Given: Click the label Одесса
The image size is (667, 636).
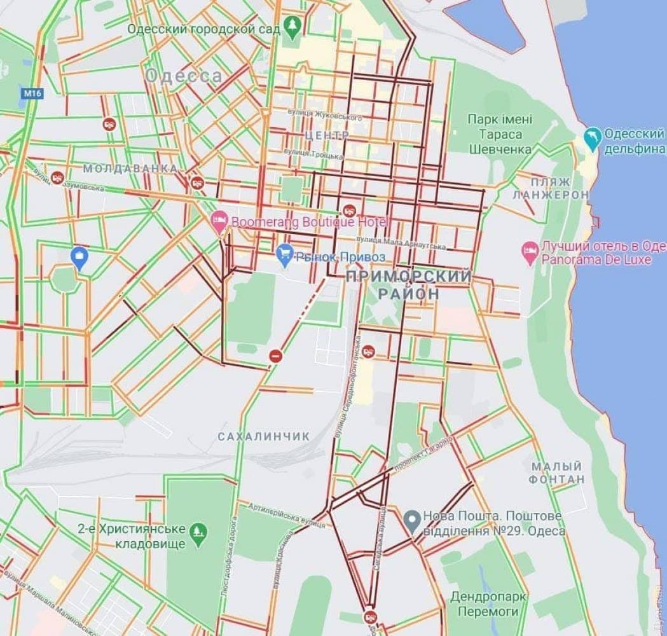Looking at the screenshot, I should pos(184,77).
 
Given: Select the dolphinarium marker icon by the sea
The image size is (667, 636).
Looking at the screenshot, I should pos(592,139).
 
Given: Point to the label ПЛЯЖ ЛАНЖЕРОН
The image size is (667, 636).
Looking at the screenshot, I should pos(551,188).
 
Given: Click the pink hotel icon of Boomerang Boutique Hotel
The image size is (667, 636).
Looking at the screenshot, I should pos(219,222).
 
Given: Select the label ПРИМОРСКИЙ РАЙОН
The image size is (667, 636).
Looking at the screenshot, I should pos(409,285).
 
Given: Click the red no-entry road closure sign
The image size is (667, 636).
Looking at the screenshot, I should pos(275,356).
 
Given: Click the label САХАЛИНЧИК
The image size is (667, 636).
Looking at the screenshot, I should pos(263,437).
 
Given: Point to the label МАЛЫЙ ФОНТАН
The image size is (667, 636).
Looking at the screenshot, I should pos(557,473).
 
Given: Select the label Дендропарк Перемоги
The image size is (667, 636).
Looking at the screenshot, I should pos(488,604).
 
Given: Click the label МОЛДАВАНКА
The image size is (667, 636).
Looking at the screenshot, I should pos(130,169).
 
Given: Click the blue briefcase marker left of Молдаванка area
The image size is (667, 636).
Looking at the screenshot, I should pos(79,258).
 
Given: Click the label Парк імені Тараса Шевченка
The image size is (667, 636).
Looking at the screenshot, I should pos(500,134).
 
